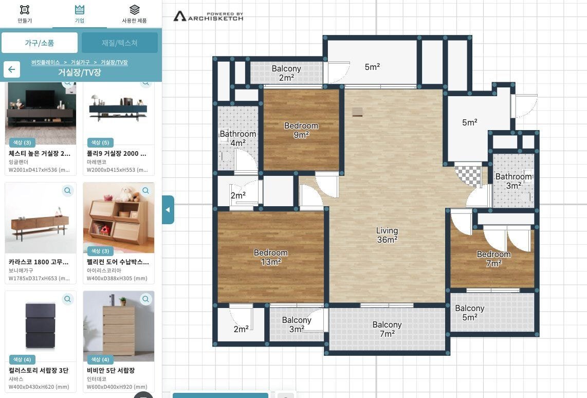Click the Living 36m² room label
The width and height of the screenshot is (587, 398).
(x=387, y=235)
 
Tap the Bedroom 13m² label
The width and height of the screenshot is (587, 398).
(x=271, y=257)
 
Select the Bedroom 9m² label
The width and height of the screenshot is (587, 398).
(x=301, y=130)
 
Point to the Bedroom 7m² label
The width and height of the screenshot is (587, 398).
(x=494, y=259)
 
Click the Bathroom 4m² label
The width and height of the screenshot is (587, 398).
(x=238, y=138)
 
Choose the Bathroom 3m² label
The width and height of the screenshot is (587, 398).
(x=513, y=181)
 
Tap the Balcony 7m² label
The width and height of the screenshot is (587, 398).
(x=387, y=329)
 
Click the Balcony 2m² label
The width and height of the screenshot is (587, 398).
(x=286, y=73)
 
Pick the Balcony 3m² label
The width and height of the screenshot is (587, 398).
(x=297, y=324)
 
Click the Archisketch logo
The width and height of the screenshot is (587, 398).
(x=208, y=16)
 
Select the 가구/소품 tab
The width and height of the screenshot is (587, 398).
(x=40, y=43)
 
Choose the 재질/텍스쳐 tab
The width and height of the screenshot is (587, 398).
(x=120, y=43)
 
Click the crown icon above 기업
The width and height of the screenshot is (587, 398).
(x=80, y=9)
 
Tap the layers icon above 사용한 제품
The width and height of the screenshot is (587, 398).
(x=134, y=9)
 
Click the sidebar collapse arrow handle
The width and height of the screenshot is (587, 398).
(x=168, y=210)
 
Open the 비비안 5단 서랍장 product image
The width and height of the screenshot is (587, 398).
(x=119, y=326)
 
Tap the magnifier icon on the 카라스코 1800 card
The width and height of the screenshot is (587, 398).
(x=68, y=191)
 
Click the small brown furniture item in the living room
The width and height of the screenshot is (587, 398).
(x=357, y=112)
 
